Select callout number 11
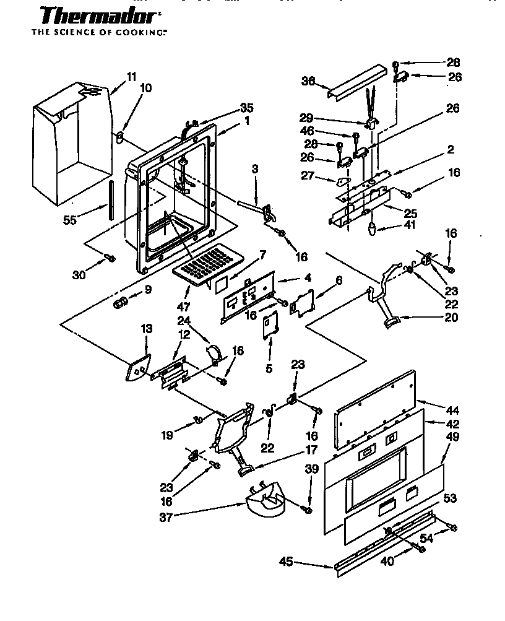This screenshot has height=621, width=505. (x=131, y=76)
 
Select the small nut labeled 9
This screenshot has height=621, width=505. (x=121, y=303)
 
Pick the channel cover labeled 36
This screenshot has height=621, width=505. (x=355, y=84)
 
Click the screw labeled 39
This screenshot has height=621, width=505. (x=306, y=508)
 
